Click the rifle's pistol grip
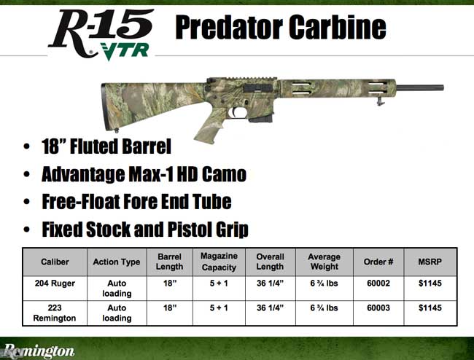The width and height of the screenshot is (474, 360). [x=208, y=128]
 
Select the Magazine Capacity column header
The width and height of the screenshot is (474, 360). [x=220, y=262]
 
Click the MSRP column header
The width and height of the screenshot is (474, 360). [x=430, y=262]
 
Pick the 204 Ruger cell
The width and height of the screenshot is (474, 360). [x=54, y=283]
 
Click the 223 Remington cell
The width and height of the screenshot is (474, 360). [x=54, y=313]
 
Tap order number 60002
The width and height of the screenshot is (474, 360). [x=378, y=283]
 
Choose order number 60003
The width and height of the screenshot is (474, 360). [x=378, y=308]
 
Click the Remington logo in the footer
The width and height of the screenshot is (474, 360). [x=38, y=351]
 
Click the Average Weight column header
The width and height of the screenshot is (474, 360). [x=325, y=262]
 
